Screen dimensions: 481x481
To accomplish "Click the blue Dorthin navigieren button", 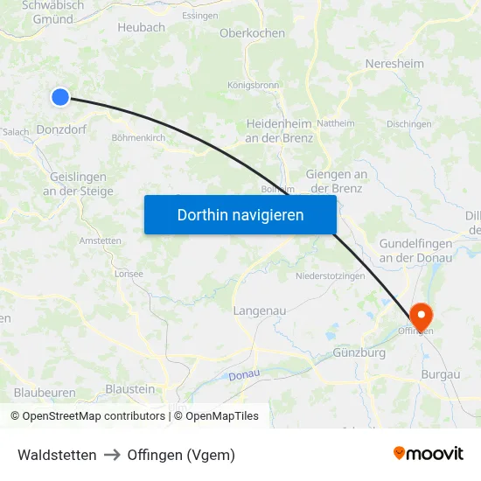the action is click(x=240, y=214).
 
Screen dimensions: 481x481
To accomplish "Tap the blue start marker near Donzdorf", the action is click(x=60, y=97).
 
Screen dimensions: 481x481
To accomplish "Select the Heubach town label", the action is click(x=141, y=28).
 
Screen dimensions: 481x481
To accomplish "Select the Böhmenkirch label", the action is click(x=138, y=137).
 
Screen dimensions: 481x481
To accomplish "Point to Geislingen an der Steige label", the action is click(x=78, y=184).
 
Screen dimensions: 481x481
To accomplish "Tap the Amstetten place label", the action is click(x=100, y=240).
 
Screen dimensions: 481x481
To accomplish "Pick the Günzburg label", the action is click(x=359, y=353).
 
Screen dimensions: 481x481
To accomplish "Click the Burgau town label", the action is click(x=439, y=374).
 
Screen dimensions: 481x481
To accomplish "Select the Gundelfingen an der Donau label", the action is click(x=415, y=249).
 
